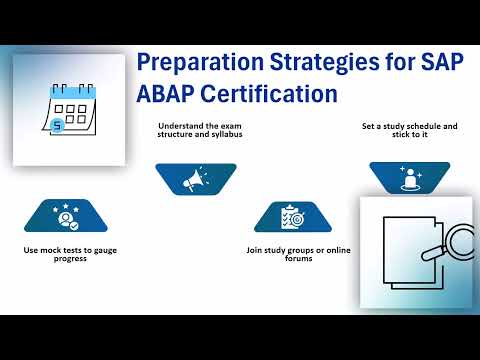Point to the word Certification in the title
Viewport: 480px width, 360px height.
[x=271, y=97]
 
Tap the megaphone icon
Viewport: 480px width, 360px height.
[x=196, y=180]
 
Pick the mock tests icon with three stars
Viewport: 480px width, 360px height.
[x=68, y=215]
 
